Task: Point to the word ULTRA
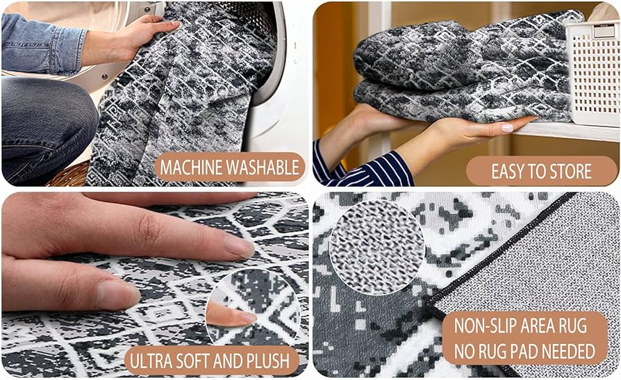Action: pyautogui.click(x=156, y=361)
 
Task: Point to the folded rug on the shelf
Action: pyautogui.click(x=458, y=66)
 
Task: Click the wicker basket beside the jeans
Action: pyautogui.click(x=69, y=175)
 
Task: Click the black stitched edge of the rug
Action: pyautogui.click(x=500, y=254)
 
